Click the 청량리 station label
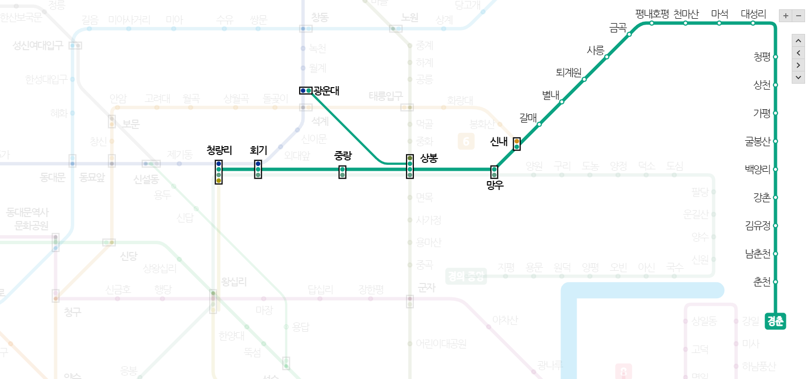coord(219,150)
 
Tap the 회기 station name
coord(258,150)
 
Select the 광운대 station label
coord(326,91)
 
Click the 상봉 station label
coord(429,158)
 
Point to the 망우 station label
coord(495,185)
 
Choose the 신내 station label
coord(498,142)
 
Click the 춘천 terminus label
coord(762,282)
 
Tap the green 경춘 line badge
coord(775,321)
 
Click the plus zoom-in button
coord(785,16)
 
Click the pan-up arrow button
coord(798,40)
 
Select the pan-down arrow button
coord(798,77)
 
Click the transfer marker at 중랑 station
coord(342,172)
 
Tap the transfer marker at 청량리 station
coord(218,172)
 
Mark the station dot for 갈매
coord(539,124)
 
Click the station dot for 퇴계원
coord(584,79)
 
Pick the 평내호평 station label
coord(652,14)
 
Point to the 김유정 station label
coord(757,225)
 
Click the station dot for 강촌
coord(775,197)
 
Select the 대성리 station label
coord(753,14)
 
